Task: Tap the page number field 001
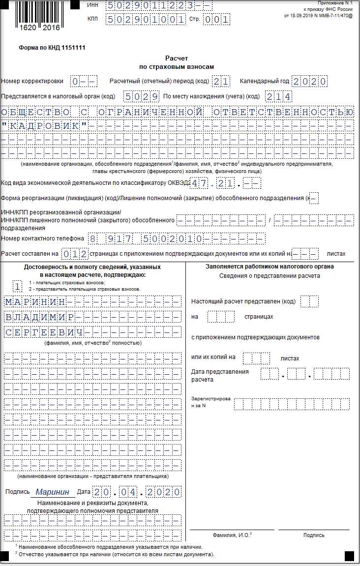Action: click(x=216, y=20)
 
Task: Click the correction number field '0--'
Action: click(x=84, y=81)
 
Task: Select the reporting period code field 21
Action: click(x=221, y=81)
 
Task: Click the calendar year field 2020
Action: click(x=309, y=81)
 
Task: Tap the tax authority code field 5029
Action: click(x=141, y=96)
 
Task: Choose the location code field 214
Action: click(x=278, y=96)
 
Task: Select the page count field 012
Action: click(x=75, y=254)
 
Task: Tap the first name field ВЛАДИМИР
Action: click(x=39, y=317)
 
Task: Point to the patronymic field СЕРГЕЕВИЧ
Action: click(x=44, y=332)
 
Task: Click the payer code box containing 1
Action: click(x=18, y=286)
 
